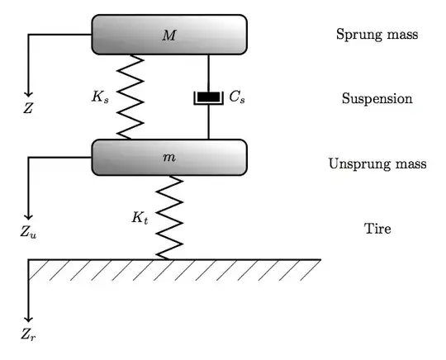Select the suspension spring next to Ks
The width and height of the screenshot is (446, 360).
coord(130,97)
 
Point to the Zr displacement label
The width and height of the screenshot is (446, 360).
coord(29,336)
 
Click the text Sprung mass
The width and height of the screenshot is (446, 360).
coord(377,35)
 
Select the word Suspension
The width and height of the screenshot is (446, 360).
coord(377,99)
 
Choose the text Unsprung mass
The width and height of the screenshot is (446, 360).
coord(377,163)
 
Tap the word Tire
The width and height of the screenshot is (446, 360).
coord(377,229)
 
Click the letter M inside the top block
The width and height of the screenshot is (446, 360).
coord(169,35)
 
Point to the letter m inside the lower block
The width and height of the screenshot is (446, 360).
coord(169,157)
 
